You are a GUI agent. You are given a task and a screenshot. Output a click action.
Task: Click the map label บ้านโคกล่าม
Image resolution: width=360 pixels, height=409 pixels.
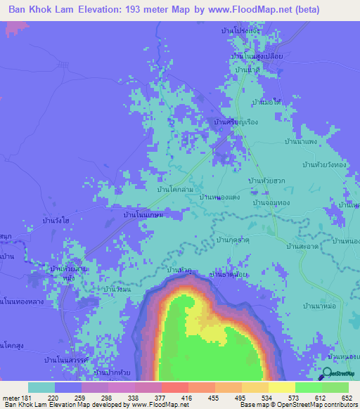coord(176,190)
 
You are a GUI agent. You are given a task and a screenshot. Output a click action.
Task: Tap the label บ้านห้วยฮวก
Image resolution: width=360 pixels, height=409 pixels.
coord(266,181)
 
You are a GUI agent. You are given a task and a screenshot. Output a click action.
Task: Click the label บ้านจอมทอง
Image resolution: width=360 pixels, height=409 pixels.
coord(270,202)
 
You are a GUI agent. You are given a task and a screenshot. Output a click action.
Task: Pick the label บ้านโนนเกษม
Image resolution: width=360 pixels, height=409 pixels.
coord(143,216)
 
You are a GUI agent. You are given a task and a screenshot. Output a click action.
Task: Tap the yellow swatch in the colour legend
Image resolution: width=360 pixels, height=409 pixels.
coord(281,387)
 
